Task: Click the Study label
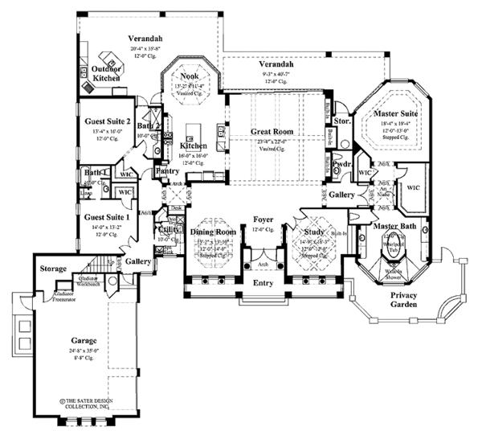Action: click(x=312, y=232)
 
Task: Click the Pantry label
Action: click(x=166, y=171)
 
